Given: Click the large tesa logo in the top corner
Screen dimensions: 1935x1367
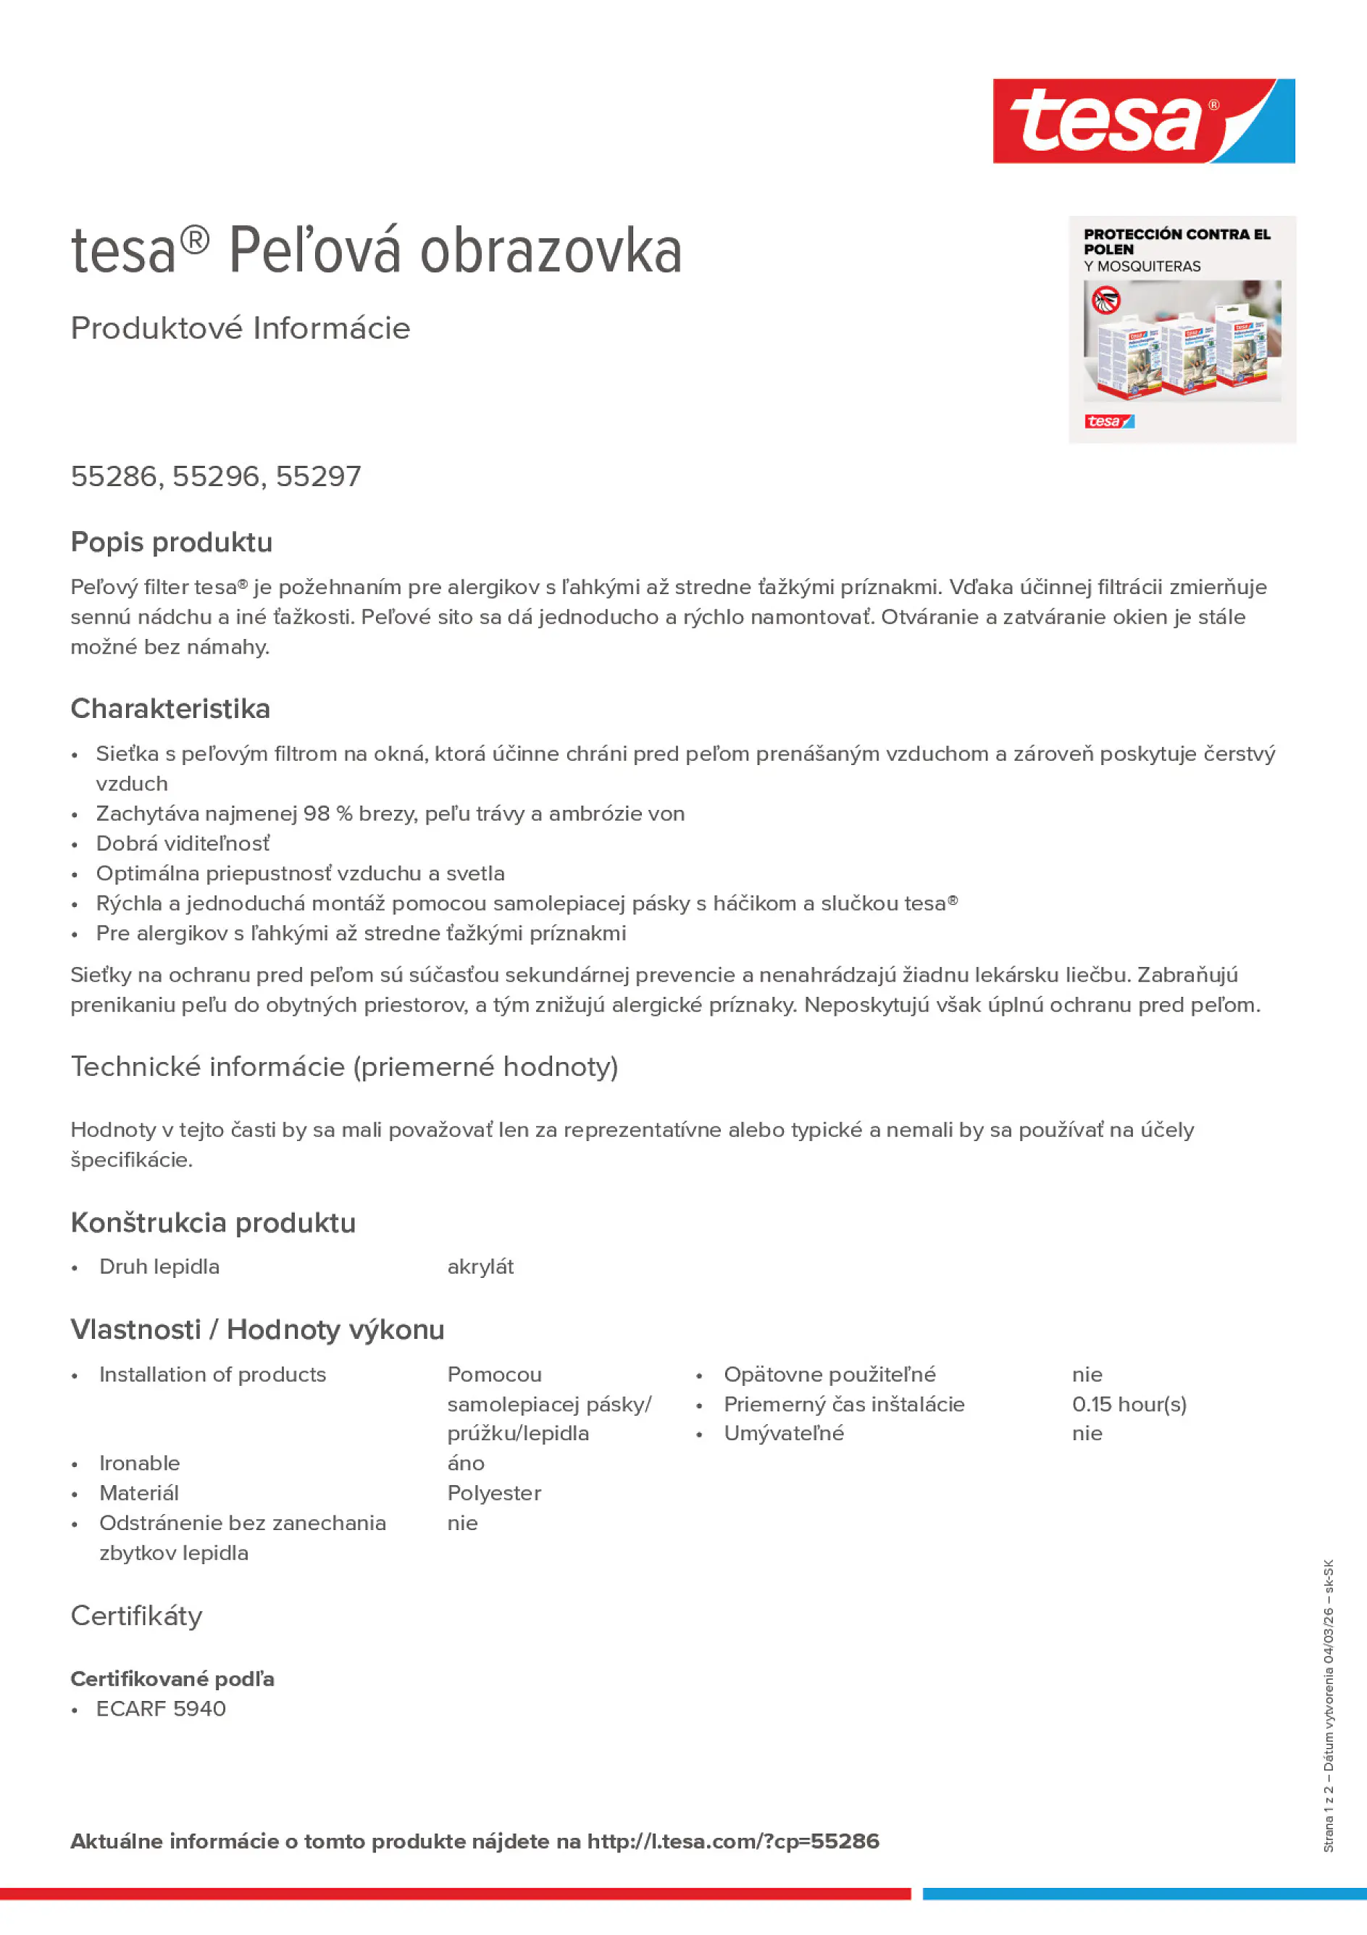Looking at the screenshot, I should coord(1143,120).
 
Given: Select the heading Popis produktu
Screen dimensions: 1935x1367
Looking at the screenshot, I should coord(171,542).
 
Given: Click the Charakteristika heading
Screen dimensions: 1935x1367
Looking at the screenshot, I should coord(170,709).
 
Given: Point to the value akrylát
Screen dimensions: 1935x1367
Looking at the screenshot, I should coord(480,1266).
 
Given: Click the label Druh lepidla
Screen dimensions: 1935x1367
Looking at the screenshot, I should coord(159,1266).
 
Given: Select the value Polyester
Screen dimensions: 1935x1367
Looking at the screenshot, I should coord(494,1493).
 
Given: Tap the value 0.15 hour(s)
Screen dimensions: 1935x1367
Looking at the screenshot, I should coord(1129,1404).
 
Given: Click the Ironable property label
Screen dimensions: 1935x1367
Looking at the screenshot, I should coord(139,1463).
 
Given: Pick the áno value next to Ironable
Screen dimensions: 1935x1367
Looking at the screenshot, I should coord(465,1463).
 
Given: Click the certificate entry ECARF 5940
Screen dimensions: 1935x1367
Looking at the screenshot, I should coord(161,1708).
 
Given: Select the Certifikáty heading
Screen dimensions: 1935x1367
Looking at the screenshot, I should coord(136,1616).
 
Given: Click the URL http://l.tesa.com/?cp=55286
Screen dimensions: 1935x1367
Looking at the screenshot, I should coord(732,1842).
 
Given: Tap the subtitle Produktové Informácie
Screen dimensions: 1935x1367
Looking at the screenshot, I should coord(241,328).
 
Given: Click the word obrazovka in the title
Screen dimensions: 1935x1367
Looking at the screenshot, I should coord(551,251).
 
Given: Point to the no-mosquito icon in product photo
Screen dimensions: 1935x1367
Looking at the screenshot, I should coord(1105,299).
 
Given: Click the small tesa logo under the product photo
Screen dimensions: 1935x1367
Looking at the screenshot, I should coord(1108,422).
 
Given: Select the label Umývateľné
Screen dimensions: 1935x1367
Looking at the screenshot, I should coord(783,1434).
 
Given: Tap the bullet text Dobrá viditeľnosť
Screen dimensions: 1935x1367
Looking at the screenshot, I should coord(183,843).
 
